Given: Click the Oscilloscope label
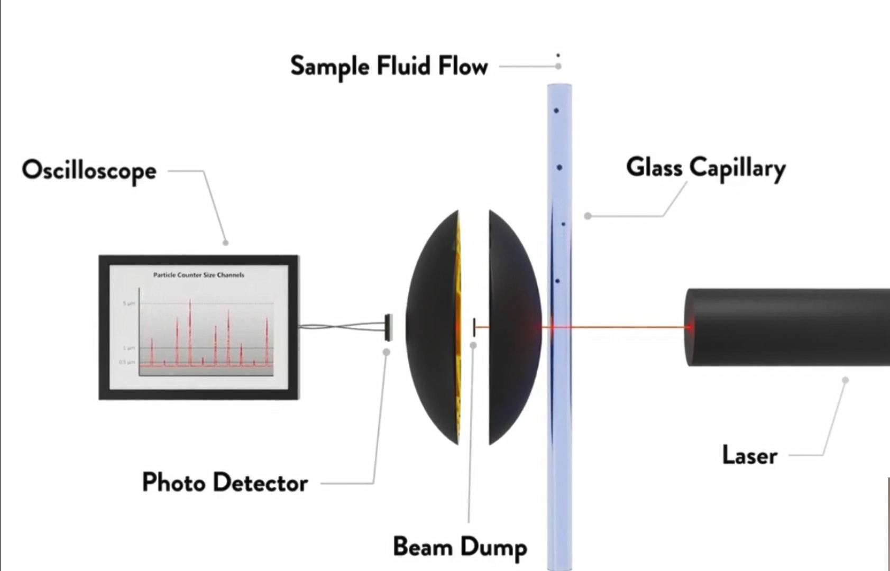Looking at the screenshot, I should pyautogui.click(x=89, y=170).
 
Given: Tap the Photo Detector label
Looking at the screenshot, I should pyautogui.click(x=225, y=483).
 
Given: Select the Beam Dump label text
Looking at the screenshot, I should pyautogui.click(x=460, y=547).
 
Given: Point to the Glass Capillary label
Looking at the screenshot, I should pyautogui.click(x=705, y=168).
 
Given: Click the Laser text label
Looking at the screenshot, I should pyautogui.click(x=749, y=455).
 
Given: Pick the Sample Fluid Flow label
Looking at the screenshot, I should pyautogui.click(x=389, y=67).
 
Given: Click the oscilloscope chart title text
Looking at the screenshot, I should pyautogui.click(x=199, y=275).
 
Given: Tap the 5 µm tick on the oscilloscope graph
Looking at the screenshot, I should pyautogui.click(x=129, y=303).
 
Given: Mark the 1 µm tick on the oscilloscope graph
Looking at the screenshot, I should pyautogui.click(x=129, y=348).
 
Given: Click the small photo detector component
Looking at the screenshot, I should pyautogui.click(x=389, y=327).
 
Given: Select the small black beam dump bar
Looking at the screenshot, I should pyautogui.click(x=474, y=327).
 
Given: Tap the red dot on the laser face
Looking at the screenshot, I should pyautogui.click(x=690, y=327).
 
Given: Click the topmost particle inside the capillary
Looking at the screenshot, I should pyautogui.click(x=556, y=110).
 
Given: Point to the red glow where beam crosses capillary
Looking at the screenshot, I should pyautogui.click(x=552, y=327).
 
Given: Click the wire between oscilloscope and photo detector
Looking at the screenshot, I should pyautogui.click(x=341, y=327).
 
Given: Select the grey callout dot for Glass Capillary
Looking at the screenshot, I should pyautogui.click(x=588, y=216).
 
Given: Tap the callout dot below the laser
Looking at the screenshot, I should pyautogui.click(x=846, y=380).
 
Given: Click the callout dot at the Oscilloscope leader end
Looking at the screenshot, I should pyautogui.click(x=226, y=243).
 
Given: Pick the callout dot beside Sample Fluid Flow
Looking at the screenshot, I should pyautogui.click(x=558, y=66).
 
